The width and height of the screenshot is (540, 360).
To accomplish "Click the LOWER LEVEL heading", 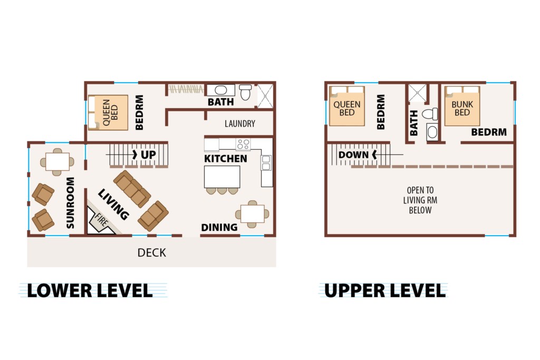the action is tap(90, 291).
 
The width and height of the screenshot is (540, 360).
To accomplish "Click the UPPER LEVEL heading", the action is tap(385, 291).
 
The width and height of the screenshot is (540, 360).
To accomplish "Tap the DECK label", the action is tap(151, 253).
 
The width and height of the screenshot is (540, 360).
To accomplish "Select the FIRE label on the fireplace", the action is tap(101, 220).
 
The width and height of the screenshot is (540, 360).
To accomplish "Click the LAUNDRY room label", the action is tap(240, 123).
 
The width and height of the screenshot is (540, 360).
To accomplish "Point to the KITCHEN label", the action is tap(226, 159).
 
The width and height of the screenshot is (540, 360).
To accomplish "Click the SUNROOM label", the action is tap(70, 203).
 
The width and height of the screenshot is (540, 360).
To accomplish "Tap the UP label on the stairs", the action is tap(148, 155).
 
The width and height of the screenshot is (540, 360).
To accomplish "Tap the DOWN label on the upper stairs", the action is tap(353, 155).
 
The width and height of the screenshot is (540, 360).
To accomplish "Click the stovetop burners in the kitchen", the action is tap(243, 144).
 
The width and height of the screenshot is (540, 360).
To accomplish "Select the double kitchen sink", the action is tap(266, 163).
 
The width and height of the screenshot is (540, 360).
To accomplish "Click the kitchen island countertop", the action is tap(222, 177).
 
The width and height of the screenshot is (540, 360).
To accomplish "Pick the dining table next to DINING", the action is tap(253, 214).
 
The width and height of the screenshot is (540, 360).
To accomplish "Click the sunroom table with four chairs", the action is tap(57, 162).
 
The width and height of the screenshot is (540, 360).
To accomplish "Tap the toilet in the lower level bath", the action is tap(245, 92).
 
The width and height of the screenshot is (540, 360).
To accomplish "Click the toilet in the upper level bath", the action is tap(430, 114).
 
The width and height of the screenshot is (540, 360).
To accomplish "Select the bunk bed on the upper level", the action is tap(462, 106).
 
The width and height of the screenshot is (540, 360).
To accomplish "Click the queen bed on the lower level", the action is tap(108, 113).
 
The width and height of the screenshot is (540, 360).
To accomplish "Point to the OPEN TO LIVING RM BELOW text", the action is tap(420, 200).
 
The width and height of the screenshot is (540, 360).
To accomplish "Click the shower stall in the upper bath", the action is tap(418, 93).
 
